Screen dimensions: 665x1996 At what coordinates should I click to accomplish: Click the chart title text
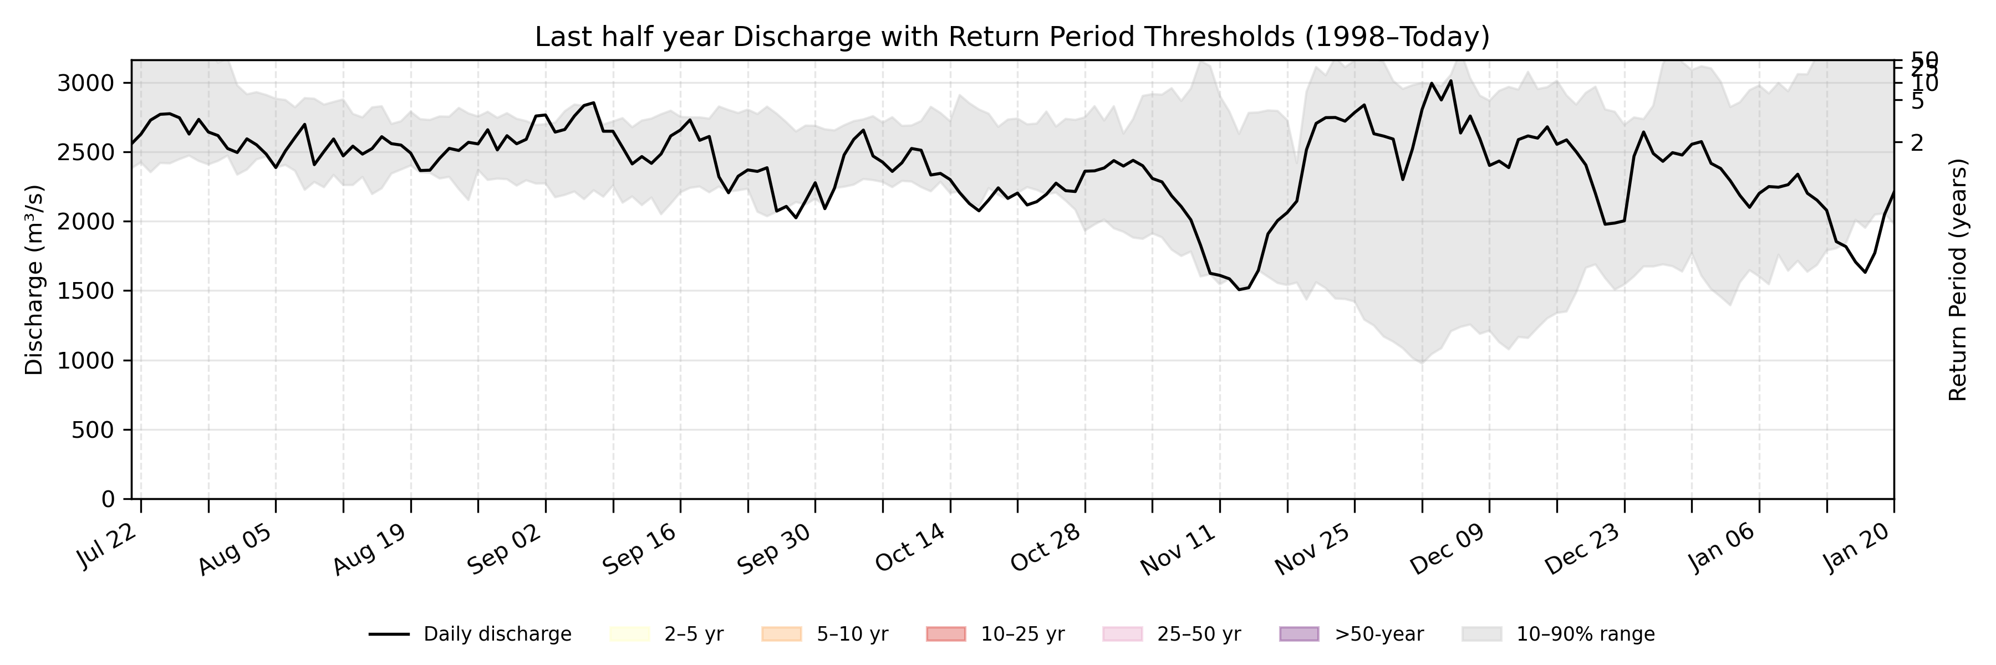coord(1012,37)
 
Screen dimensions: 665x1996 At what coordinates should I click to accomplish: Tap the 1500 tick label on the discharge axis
coord(85,291)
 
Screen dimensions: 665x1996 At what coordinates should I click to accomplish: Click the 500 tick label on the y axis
coord(92,429)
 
